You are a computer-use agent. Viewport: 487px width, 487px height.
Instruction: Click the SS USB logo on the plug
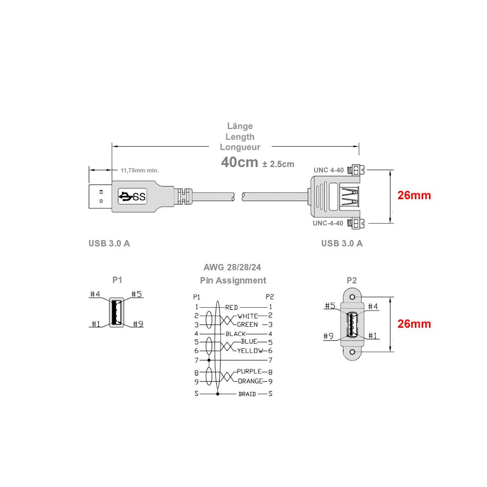pos(132,196)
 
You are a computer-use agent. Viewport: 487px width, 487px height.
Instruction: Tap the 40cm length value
pos(240,162)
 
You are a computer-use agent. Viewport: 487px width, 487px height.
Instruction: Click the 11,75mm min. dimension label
pos(139,170)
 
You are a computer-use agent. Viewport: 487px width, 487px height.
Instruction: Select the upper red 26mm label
pos(414,195)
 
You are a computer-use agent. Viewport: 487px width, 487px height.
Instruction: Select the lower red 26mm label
pos(414,324)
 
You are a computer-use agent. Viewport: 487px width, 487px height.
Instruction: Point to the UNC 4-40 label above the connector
pos(329,170)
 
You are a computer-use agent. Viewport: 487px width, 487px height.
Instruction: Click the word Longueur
pos(240,147)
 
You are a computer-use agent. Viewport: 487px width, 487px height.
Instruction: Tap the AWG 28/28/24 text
pos(232,267)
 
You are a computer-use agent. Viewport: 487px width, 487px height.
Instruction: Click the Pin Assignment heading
pos(233,281)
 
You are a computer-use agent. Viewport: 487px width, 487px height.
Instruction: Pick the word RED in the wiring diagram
pos(231,307)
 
